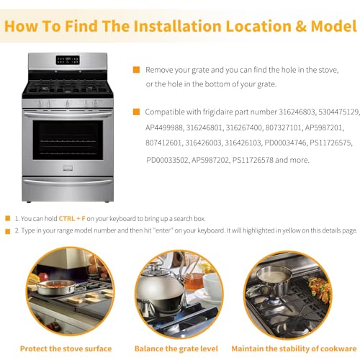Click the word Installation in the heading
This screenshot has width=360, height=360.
[177, 26]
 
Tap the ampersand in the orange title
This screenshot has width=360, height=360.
[301, 26]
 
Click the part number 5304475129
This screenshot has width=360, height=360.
[338, 112]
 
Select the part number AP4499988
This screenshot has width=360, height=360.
[163, 127]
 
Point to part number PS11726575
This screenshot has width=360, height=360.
[330, 143]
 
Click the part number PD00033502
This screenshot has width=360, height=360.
[167, 160]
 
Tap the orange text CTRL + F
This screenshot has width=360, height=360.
[72, 219]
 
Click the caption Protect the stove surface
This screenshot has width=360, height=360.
[66, 348]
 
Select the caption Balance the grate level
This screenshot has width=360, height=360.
[176, 348]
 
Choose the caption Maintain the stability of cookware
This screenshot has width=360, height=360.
[294, 348]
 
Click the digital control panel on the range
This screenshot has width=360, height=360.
[68, 60]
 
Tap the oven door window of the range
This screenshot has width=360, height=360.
[68, 140]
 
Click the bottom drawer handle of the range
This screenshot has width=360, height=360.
[68, 181]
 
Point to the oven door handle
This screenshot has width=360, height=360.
[68, 113]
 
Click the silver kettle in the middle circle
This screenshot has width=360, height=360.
[161, 288]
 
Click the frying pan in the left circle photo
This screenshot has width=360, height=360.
[56, 287]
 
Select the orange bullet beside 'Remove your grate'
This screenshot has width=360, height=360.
[136, 70]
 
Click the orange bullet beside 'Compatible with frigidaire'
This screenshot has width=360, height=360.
[136, 112]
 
